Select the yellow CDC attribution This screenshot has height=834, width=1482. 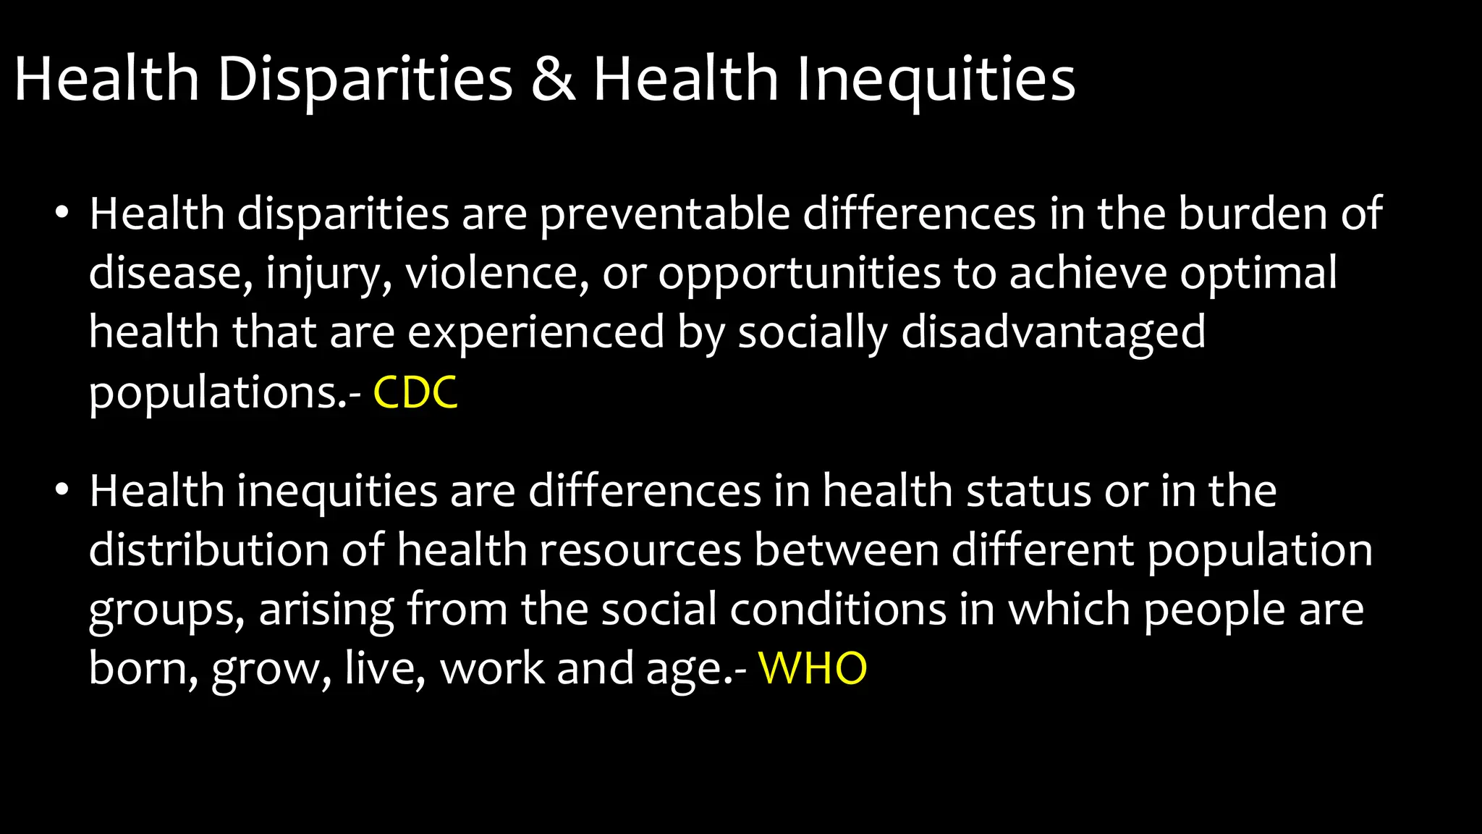(415, 393)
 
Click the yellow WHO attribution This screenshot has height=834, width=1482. (812, 668)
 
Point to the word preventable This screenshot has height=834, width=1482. (665, 215)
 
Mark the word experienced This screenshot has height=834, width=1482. (535, 334)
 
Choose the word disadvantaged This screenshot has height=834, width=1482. (1053, 334)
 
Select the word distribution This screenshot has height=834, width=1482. (209, 550)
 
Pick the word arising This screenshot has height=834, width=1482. (326, 610)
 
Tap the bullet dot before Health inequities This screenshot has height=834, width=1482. (62, 490)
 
